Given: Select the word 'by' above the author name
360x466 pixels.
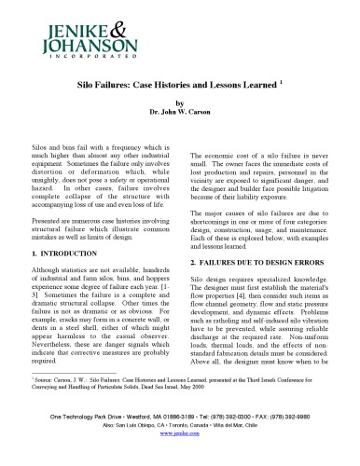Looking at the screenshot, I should pos(181,104).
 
